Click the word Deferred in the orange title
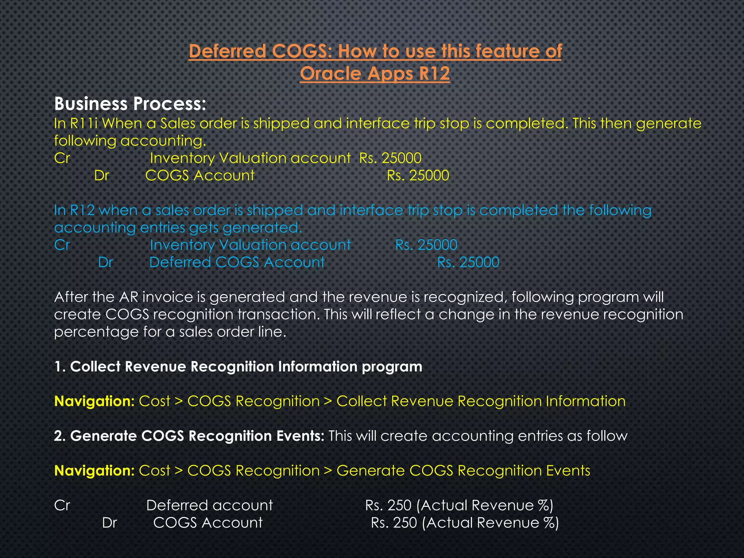[x=227, y=51]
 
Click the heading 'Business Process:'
[x=130, y=104]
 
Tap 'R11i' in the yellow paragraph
[x=84, y=124]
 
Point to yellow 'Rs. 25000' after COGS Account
[x=418, y=176]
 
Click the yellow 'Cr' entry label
[x=62, y=158]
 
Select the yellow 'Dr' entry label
[x=101, y=176]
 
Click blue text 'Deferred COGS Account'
[x=237, y=263]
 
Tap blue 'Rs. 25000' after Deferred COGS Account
[x=468, y=263]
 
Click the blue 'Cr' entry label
[x=62, y=245]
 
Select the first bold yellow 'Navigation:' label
[x=94, y=401]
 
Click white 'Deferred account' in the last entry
[x=209, y=506]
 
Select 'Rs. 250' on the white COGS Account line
[x=394, y=523]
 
